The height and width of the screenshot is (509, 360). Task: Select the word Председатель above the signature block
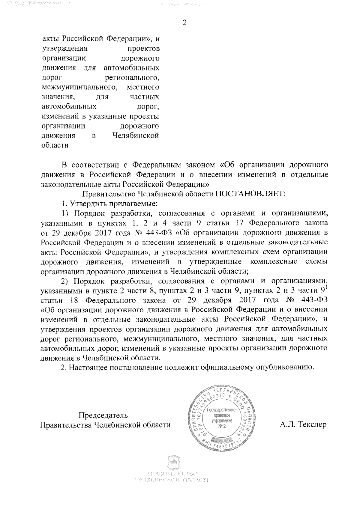(103, 415)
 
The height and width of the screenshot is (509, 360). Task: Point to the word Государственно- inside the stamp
(222, 410)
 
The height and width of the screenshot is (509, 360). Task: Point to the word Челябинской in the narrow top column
(135, 135)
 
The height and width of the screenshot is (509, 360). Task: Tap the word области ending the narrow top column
(54, 145)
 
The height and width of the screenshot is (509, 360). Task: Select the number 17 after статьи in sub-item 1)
(240, 223)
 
